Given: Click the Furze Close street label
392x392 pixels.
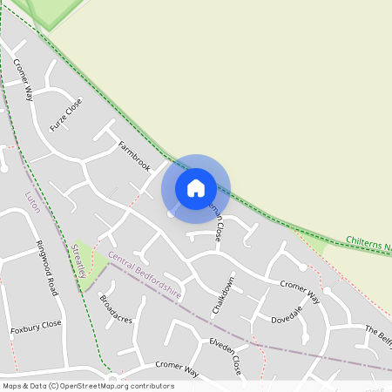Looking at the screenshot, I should pyautogui.click(x=66, y=114).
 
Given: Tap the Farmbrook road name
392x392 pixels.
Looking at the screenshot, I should pyautogui.click(x=135, y=155).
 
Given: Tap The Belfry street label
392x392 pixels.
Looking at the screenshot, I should pyautogui.click(x=377, y=335).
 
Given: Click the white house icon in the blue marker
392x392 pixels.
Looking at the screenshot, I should pyautogui.click(x=196, y=188).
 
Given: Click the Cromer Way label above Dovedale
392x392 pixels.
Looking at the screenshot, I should pyautogui.click(x=300, y=292).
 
